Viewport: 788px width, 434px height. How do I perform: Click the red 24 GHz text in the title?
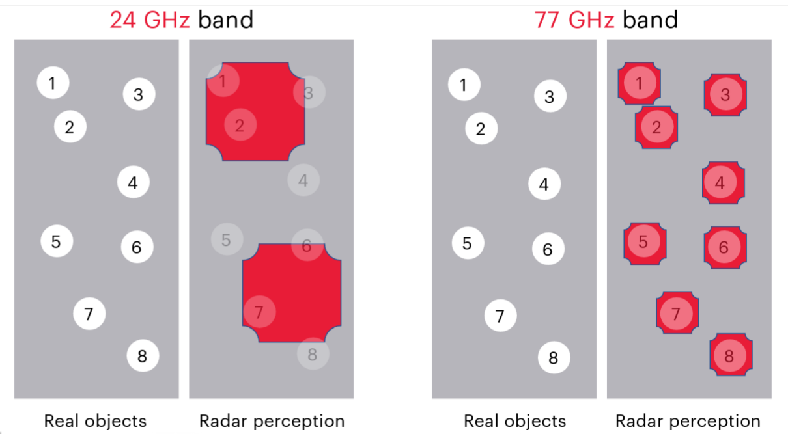coord(150,20)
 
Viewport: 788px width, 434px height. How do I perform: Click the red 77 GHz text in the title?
coord(574,20)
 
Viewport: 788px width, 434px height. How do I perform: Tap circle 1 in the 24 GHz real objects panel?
coord(53,83)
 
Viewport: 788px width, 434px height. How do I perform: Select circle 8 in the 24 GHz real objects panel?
coord(143,356)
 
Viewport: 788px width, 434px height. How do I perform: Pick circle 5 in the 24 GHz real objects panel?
coord(57,241)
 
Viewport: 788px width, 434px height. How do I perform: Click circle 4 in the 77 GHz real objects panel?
coord(544,184)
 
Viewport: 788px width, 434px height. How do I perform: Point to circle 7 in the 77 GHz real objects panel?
coord(500,316)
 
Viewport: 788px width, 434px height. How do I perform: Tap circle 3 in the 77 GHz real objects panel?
coord(550,96)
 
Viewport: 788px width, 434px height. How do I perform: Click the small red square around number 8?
coord(731,355)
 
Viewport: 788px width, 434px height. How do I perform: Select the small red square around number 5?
coord(645,243)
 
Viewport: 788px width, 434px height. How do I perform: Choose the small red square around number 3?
coord(725,95)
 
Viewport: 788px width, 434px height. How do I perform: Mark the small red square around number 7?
coord(677,312)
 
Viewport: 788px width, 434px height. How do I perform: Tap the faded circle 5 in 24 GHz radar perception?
coord(227,239)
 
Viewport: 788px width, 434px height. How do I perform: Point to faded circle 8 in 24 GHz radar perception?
coord(313,354)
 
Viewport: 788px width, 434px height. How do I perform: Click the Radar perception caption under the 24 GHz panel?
coord(272,420)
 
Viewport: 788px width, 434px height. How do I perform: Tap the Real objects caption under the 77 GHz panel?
coord(514,420)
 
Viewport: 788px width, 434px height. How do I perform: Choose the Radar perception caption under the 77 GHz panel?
coord(688,420)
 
